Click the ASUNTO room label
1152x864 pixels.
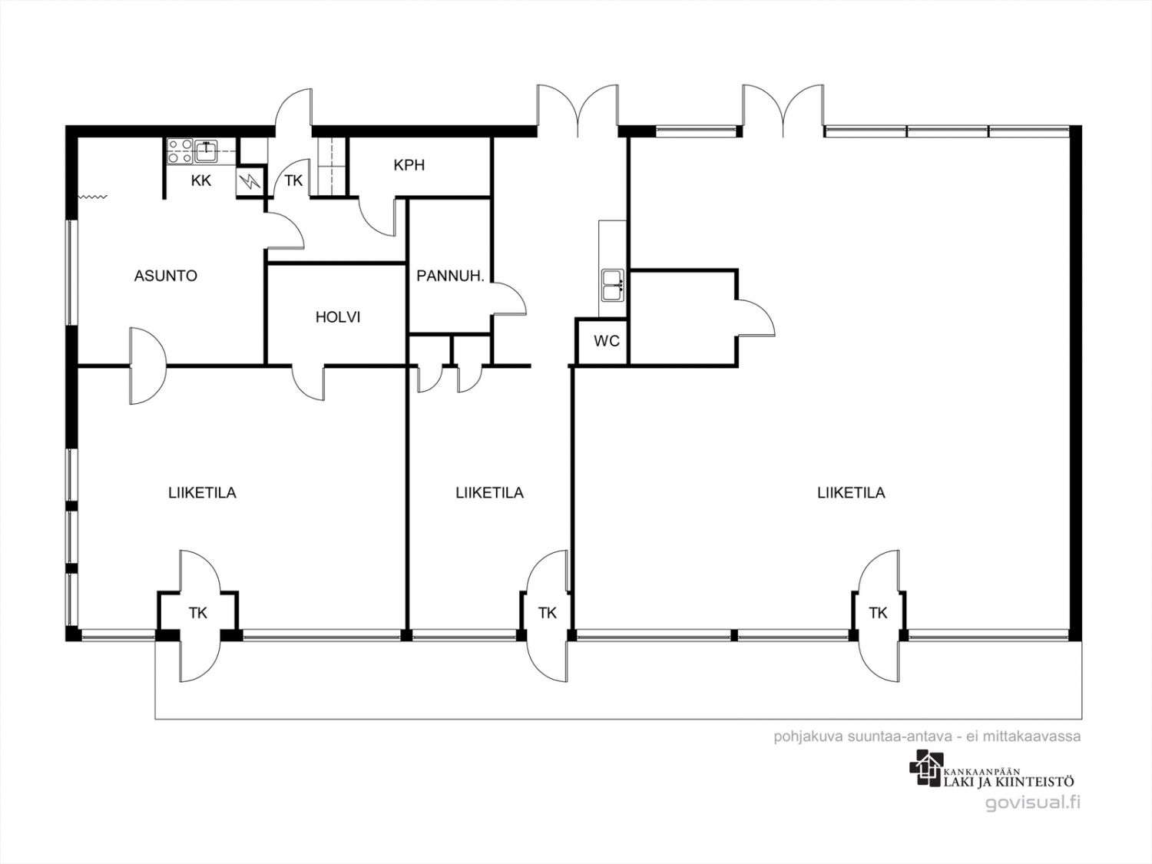(166, 276)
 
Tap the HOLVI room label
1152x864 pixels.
(338, 317)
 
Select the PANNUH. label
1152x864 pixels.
(450, 276)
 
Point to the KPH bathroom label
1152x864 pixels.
(409, 165)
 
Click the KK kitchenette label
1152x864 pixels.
(201, 181)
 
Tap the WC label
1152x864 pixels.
(607, 342)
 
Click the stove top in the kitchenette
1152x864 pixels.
(180, 151)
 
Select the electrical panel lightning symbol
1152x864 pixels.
(250, 181)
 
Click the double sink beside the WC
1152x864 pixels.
(612, 286)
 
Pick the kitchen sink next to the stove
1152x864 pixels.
(207, 151)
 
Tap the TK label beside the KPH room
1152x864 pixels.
(293, 181)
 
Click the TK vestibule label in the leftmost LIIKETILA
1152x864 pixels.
(198, 613)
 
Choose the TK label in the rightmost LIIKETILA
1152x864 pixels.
(878, 613)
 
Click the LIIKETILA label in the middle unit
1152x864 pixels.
(490, 493)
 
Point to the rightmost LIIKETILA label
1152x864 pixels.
(851, 493)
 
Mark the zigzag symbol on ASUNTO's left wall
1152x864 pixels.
(93, 197)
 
